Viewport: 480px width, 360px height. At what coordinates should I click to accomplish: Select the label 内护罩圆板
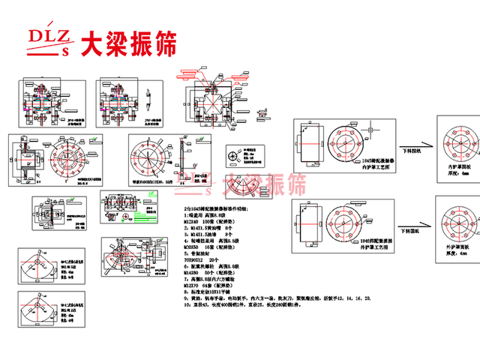[x=458, y=166]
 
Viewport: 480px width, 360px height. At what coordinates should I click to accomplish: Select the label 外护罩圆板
[x=458, y=246]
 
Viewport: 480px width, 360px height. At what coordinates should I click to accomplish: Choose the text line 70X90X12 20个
[x=207, y=259]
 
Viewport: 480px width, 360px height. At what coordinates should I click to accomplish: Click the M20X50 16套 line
[x=214, y=246]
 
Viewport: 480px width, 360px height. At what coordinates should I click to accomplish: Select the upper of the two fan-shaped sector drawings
[x=37, y=274]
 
